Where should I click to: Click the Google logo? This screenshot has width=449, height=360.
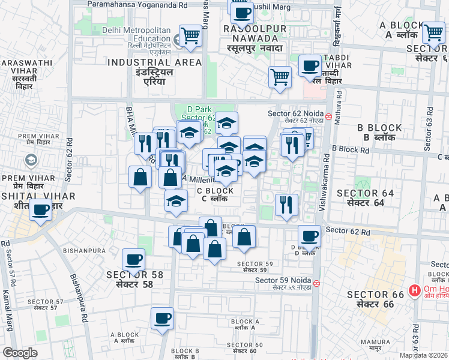[x=20, y=353]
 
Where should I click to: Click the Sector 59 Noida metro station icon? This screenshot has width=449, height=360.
[x=316, y=283]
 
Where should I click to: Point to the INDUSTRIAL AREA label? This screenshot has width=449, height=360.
[x=154, y=62]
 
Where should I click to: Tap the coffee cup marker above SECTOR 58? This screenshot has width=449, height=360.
[x=133, y=259]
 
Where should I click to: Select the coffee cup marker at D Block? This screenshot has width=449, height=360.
[x=309, y=236]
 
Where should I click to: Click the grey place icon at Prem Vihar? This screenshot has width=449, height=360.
[x=30, y=161]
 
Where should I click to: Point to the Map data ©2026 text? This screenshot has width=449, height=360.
[x=424, y=355]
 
